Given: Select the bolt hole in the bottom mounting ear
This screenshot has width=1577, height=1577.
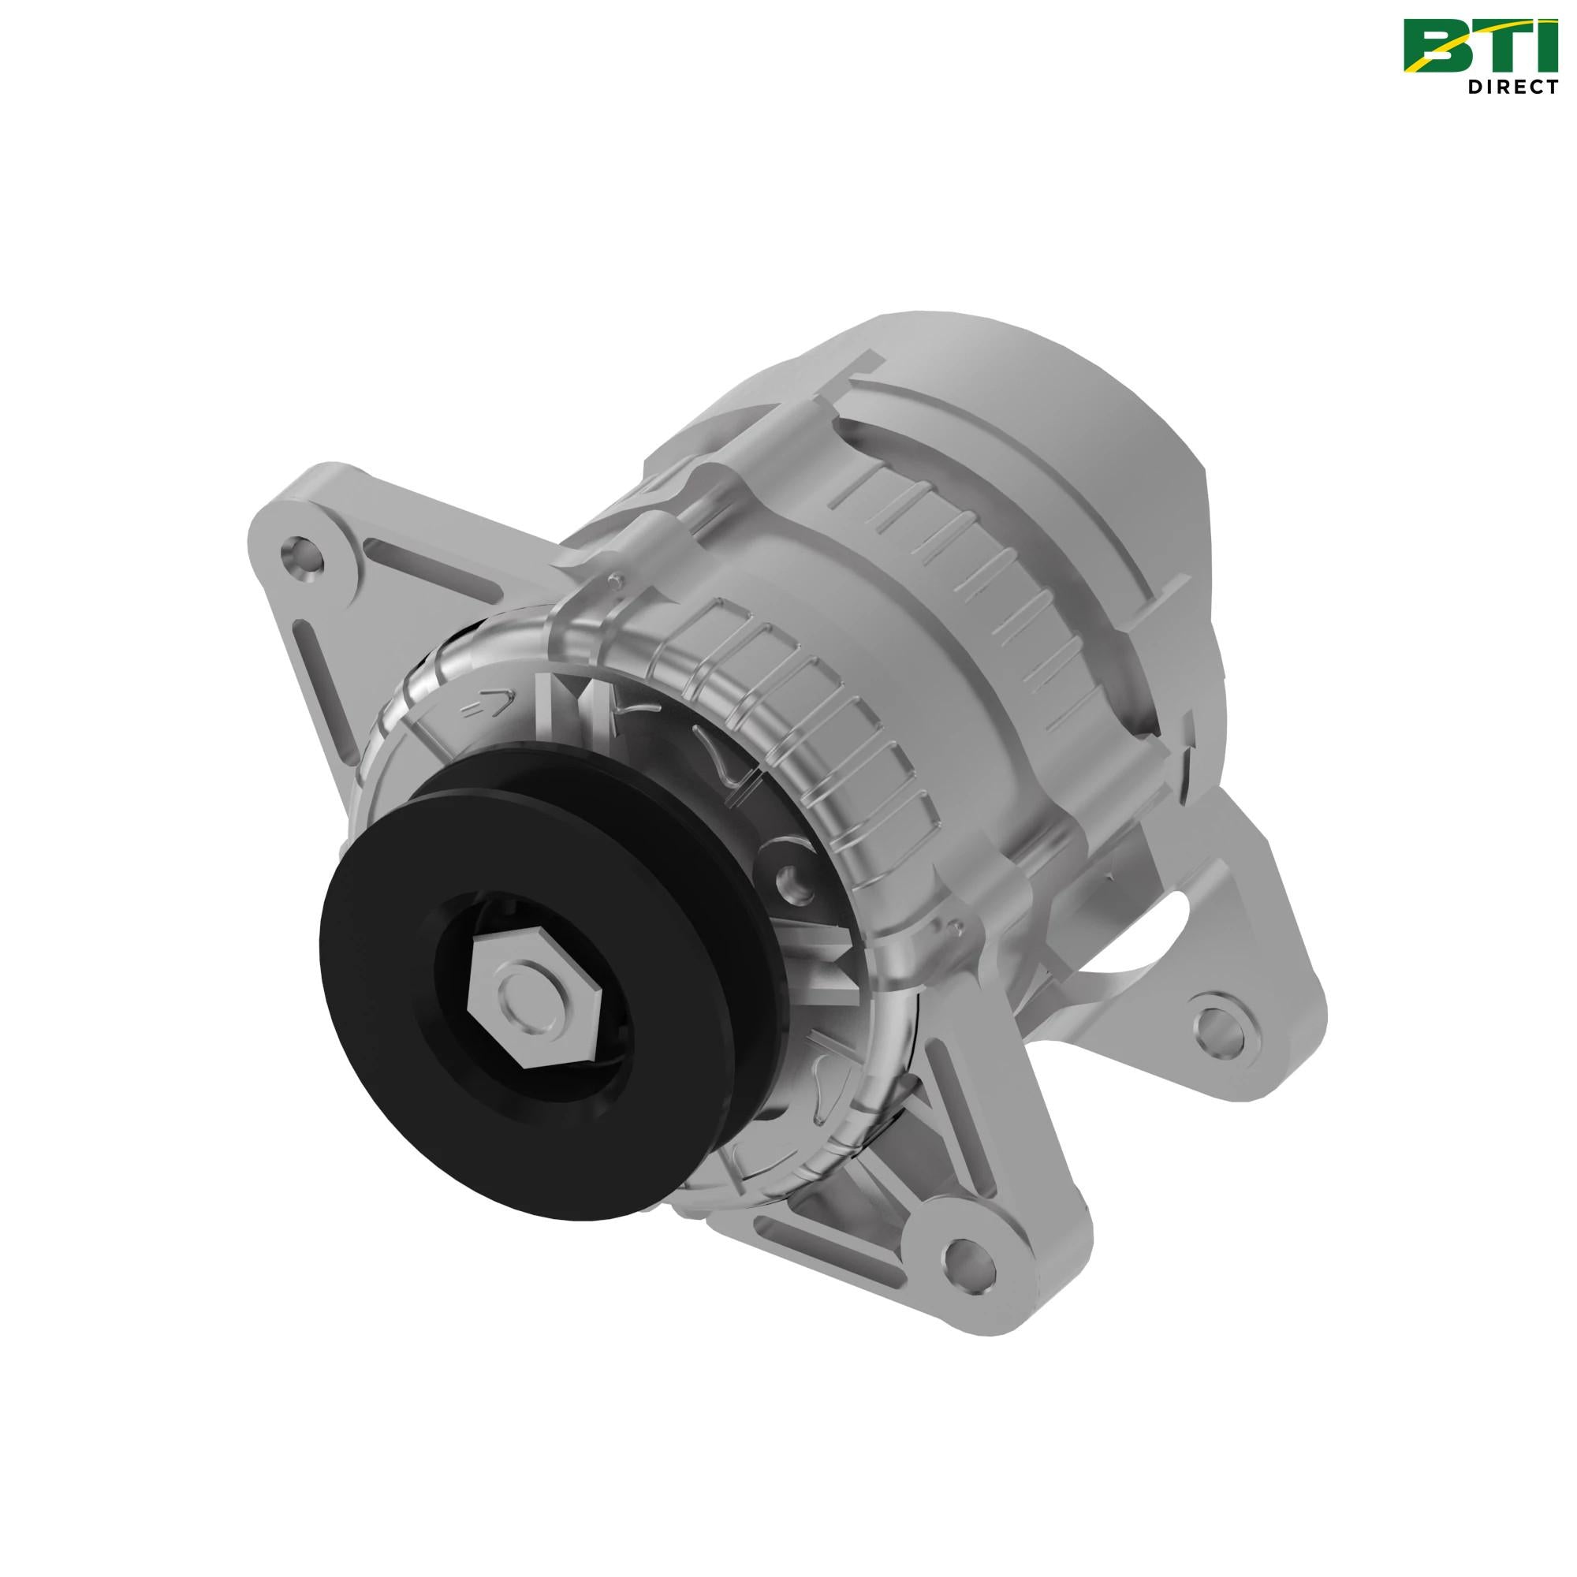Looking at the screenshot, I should [x=971, y=1274].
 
